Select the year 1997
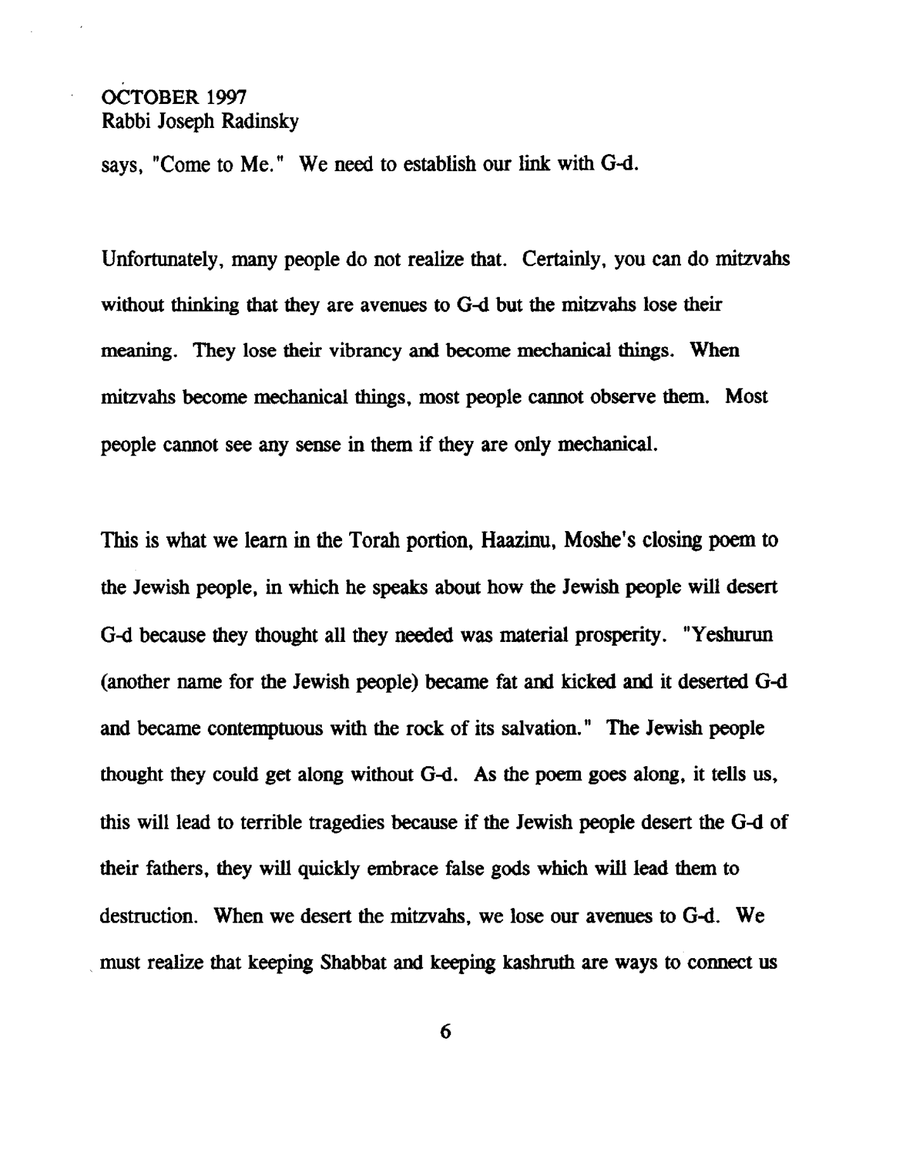pos(221,96)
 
